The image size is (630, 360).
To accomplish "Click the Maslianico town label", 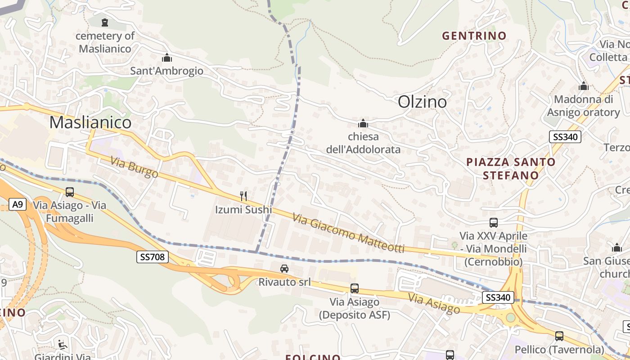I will click(90, 122).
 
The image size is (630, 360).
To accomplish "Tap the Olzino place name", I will click(422, 102).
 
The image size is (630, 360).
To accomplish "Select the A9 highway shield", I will click(17, 205).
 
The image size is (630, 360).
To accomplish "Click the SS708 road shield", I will click(152, 257).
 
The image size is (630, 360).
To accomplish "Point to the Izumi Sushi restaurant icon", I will click(243, 196).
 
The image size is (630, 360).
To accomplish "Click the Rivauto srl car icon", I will click(284, 269).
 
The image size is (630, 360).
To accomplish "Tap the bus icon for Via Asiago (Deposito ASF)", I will click(355, 288).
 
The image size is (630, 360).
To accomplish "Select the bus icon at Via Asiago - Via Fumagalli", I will click(70, 192).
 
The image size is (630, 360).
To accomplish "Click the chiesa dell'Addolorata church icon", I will click(363, 123).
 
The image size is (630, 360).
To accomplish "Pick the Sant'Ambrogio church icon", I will click(167, 58).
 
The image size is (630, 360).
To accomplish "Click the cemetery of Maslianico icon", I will click(105, 22).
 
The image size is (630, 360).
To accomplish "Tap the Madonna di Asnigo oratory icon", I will click(584, 86).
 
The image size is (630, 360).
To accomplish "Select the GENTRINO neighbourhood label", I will click(474, 36).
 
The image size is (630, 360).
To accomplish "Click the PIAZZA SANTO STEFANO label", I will click(511, 168).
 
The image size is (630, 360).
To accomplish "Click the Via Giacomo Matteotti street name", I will click(348, 233).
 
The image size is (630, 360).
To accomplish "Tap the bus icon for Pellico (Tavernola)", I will click(559, 336).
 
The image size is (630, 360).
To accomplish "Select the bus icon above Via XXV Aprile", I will click(494, 222).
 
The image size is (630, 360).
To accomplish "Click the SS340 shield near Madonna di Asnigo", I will click(565, 137).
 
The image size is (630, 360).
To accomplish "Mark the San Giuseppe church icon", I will click(617, 247).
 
